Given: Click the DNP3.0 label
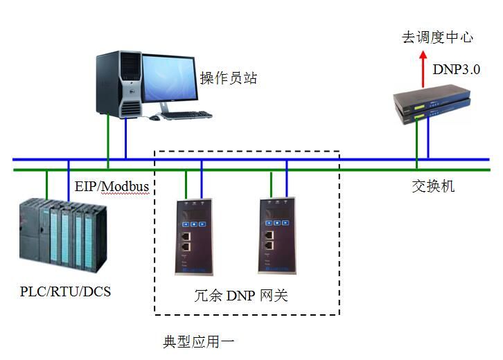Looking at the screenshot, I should (x=456, y=69).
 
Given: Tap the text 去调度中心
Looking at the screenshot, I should (x=438, y=37).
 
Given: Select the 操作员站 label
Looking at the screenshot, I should (x=229, y=78).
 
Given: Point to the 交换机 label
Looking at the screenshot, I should (x=433, y=186).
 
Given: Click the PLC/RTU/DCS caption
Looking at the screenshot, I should (x=65, y=291).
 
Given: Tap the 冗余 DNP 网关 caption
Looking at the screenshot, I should (x=240, y=296).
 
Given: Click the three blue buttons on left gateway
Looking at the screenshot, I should (x=193, y=224).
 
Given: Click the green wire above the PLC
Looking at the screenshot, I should (x=46, y=183).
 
